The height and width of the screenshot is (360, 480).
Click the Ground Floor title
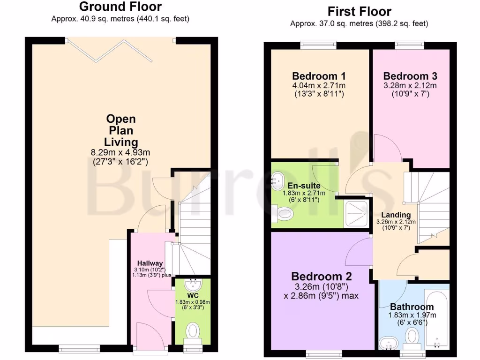(120, 7)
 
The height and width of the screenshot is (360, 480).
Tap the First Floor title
(360, 11)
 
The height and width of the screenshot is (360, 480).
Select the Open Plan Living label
(120, 130)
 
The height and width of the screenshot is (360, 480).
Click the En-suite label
(300, 185)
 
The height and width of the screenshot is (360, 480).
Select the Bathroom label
(412, 307)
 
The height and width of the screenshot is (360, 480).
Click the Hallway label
(150, 263)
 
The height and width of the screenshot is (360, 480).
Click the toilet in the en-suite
(285, 214)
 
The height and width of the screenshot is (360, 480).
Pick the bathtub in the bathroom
(436, 319)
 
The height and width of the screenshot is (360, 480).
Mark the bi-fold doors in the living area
(121, 51)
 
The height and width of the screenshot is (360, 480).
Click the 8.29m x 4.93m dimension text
(121, 153)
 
